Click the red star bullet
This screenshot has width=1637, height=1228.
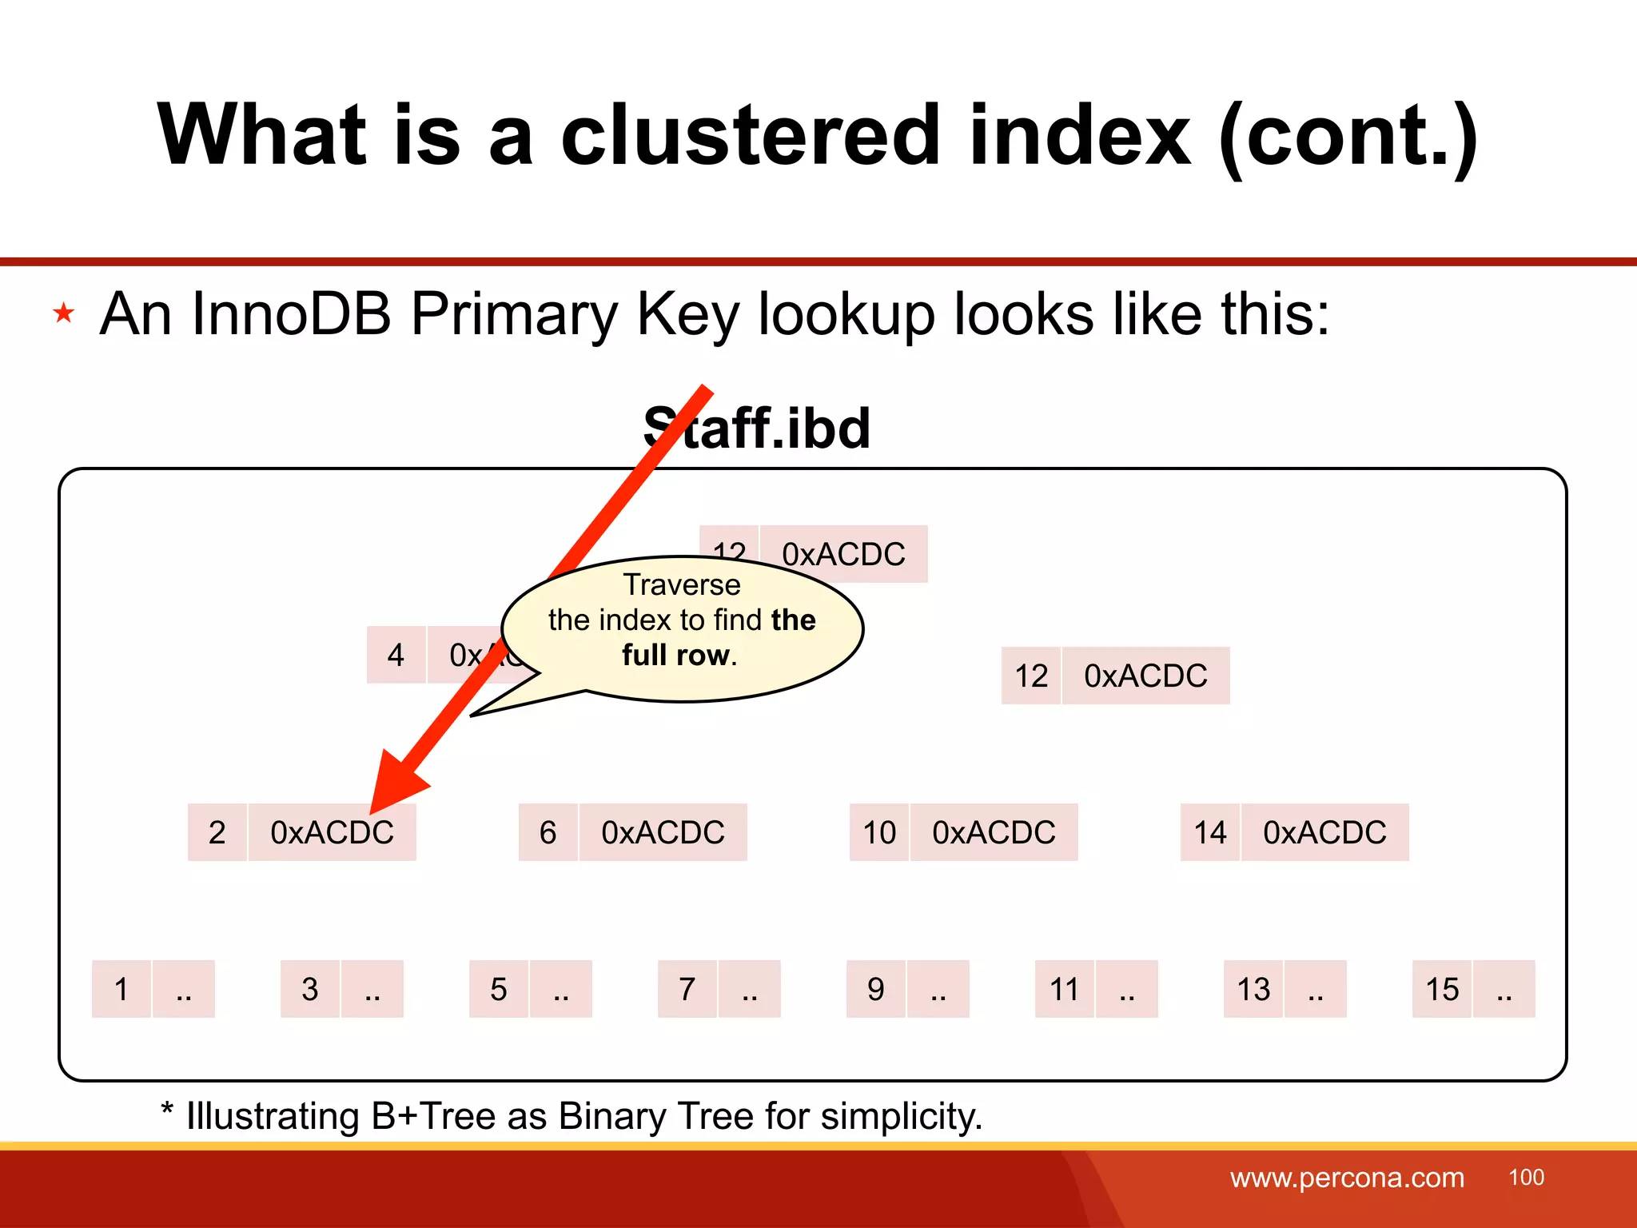pos(64,313)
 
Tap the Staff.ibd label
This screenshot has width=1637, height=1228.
pos(757,428)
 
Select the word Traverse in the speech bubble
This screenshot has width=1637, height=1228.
pos(682,584)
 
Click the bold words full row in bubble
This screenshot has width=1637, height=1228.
pos(676,655)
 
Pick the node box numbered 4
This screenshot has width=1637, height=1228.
pos(396,655)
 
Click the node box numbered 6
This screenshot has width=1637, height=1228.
pos(548,832)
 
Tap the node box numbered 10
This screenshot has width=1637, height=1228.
pos(878,832)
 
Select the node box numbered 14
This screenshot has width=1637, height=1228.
pos(1209,832)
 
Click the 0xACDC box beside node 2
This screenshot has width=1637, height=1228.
pos(332,832)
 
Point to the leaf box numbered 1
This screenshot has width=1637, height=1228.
pos(121,989)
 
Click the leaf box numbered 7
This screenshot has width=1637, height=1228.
pos(687,989)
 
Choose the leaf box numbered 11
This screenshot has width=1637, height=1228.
pos(1064,989)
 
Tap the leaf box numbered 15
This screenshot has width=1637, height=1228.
pos(1441,989)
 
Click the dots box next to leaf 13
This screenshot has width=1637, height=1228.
pos(1315,989)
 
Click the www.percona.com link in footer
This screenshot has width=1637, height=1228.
pos(1347,1178)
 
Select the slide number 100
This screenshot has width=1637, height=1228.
pos(1526,1177)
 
